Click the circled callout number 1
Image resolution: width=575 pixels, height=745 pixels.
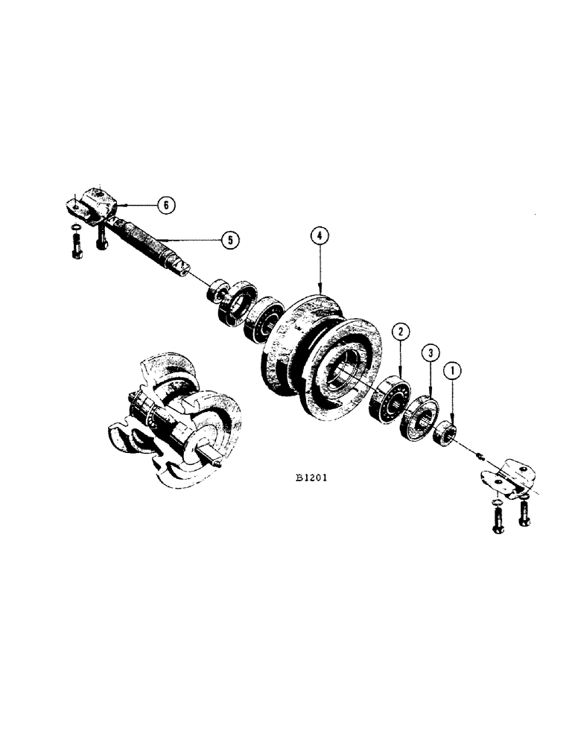(451, 369)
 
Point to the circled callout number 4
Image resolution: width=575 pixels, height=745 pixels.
(319, 237)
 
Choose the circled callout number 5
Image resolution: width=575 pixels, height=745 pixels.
(232, 240)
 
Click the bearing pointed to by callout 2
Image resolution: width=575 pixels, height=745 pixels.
(391, 399)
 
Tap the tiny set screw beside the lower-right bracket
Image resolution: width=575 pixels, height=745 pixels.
(480, 456)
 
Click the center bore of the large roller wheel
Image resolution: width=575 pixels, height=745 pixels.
(349, 368)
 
